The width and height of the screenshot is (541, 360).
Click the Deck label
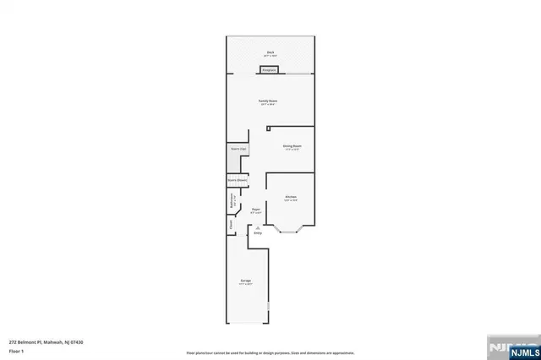(x=270, y=51)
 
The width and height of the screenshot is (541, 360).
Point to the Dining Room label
(x=292, y=145)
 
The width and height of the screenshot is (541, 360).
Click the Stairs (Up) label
(x=238, y=149)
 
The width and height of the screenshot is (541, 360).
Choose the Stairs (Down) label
(x=237, y=179)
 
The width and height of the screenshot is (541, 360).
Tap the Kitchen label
(x=290, y=197)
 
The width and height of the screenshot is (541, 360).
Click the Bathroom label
(x=232, y=203)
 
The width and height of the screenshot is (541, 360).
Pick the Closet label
(x=230, y=226)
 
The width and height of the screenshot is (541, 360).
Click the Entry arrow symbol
(x=258, y=227)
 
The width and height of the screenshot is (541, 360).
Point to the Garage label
(x=246, y=280)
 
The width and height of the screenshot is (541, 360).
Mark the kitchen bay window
(x=290, y=228)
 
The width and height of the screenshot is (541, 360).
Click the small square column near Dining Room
(x=268, y=128)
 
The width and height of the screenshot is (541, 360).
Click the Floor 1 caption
(x=16, y=350)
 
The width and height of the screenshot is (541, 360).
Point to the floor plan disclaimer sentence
(x=270, y=352)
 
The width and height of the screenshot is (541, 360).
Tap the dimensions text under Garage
(x=246, y=284)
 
